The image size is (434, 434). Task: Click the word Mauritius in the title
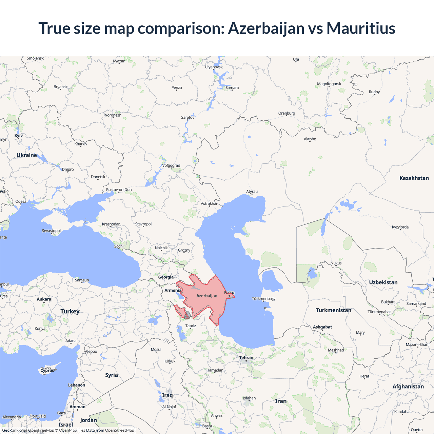point(361,28)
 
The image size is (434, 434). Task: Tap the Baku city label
point(230,293)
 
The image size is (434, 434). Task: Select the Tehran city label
point(246,358)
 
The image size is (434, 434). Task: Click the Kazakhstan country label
point(414,178)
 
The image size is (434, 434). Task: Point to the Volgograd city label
point(171,165)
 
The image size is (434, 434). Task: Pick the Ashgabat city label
point(322,327)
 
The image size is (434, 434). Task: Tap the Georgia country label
point(166,277)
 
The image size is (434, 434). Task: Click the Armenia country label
point(173,290)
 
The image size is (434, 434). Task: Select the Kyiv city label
point(19,135)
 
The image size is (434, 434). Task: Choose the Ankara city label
point(44,299)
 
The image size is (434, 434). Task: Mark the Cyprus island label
point(47,370)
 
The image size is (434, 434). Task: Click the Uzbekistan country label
point(383,282)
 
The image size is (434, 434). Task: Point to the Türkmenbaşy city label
point(264,299)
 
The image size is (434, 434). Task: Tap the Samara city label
point(232,87)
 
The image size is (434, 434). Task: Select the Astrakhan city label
point(210,203)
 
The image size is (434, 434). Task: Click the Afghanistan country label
point(408,387)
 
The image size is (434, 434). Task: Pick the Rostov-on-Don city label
point(119,190)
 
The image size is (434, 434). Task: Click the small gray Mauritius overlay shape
point(187,316)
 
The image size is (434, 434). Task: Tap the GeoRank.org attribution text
point(14,430)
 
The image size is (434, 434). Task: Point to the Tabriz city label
point(191,325)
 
